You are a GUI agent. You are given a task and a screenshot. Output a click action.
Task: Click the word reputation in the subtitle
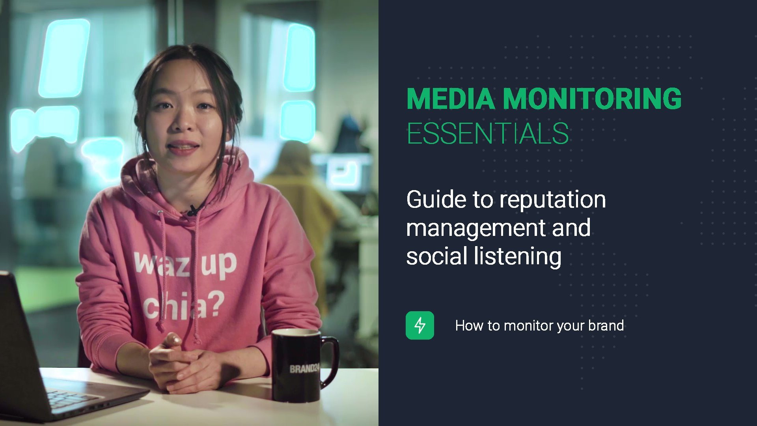[553, 200]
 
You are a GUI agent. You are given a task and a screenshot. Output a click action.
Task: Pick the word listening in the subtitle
[518, 257]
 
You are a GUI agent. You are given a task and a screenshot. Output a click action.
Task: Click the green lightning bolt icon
[420, 325]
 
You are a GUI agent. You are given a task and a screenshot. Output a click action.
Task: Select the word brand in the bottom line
[606, 325]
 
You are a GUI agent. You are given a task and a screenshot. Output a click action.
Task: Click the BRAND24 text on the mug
[304, 368]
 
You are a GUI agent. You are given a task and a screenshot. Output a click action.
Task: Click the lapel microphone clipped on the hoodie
[193, 210]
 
